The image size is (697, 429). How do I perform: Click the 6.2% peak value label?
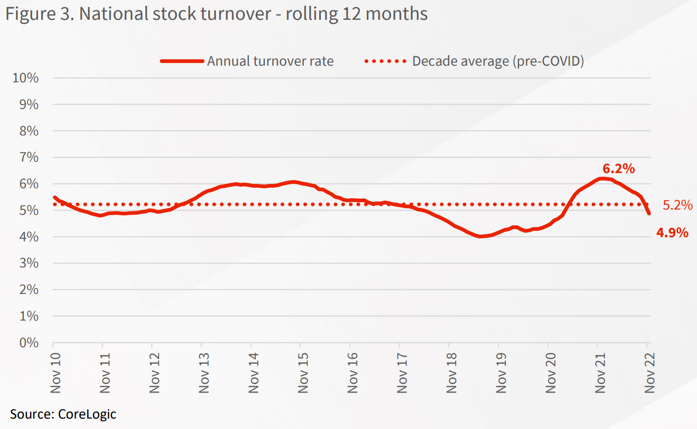(x=618, y=168)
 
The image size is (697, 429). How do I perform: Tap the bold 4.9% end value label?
(x=672, y=232)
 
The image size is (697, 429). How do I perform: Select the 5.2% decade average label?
(x=678, y=205)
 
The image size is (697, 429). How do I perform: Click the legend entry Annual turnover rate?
(x=270, y=61)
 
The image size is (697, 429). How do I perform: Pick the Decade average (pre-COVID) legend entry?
(x=497, y=61)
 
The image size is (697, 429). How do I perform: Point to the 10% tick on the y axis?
(x=25, y=78)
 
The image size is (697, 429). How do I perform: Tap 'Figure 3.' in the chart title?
(x=39, y=14)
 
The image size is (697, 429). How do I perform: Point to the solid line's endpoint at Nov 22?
(x=649, y=213)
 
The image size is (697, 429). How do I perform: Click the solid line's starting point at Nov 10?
(x=54, y=197)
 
